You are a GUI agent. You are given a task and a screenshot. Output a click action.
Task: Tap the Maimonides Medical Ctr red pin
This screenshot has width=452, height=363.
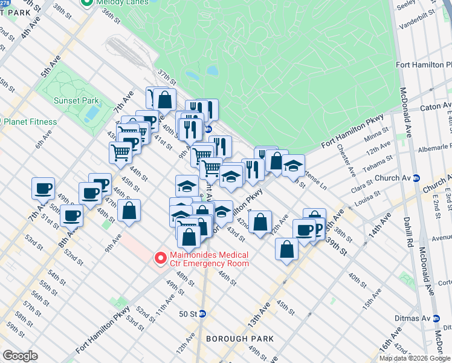(x=161, y=258)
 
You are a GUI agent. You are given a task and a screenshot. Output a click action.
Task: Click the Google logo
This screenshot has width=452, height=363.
(x=20, y=356)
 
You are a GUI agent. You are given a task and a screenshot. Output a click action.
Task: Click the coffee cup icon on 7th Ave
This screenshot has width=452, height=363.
(x=43, y=189)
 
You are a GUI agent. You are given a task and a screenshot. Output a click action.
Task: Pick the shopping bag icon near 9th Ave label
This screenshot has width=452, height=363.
(x=129, y=211)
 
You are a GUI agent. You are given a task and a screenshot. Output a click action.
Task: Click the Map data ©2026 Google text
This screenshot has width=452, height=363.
(x=414, y=358)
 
